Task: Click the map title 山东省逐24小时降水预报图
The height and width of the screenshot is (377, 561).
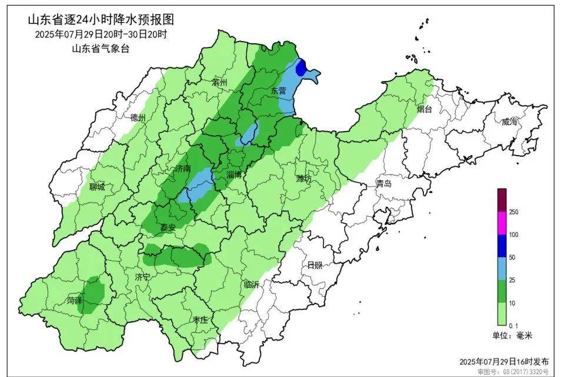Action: click(101, 20)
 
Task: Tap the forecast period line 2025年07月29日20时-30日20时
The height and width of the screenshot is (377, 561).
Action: click(101, 35)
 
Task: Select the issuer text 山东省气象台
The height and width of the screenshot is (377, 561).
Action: click(101, 49)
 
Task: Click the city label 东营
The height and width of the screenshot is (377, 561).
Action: click(278, 91)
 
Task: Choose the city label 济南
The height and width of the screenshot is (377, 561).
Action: click(183, 169)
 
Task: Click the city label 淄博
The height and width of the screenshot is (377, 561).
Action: click(238, 174)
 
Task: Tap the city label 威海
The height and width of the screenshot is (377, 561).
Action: click(510, 122)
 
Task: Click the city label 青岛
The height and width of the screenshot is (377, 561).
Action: click(384, 184)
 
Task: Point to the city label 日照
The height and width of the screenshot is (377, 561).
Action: click(315, 265)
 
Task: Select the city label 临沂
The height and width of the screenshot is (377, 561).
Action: click(251, 284)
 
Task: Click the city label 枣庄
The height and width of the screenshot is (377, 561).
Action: click(201, 319)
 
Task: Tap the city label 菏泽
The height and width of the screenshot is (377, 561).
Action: click(74, 300)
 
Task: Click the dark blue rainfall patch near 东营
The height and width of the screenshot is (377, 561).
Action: click(300, 69)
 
